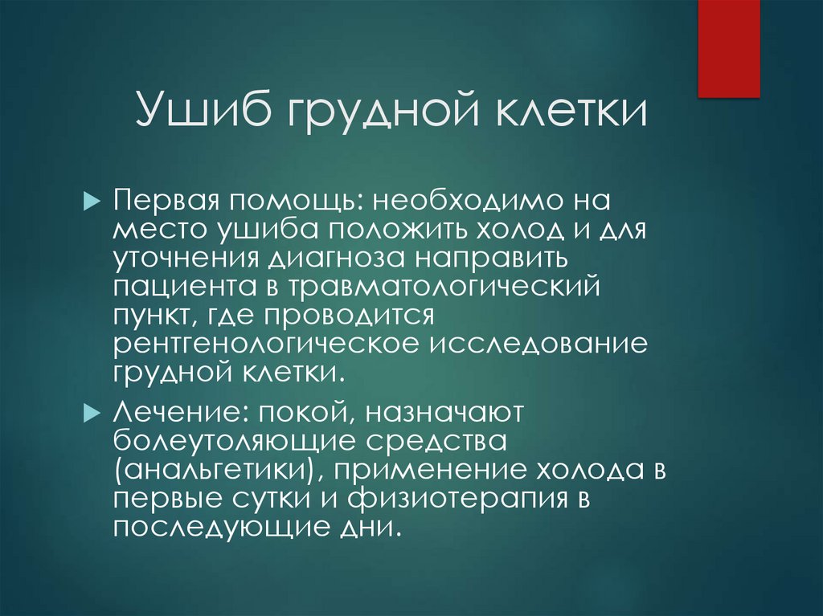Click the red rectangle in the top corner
728,48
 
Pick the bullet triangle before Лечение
89,412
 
